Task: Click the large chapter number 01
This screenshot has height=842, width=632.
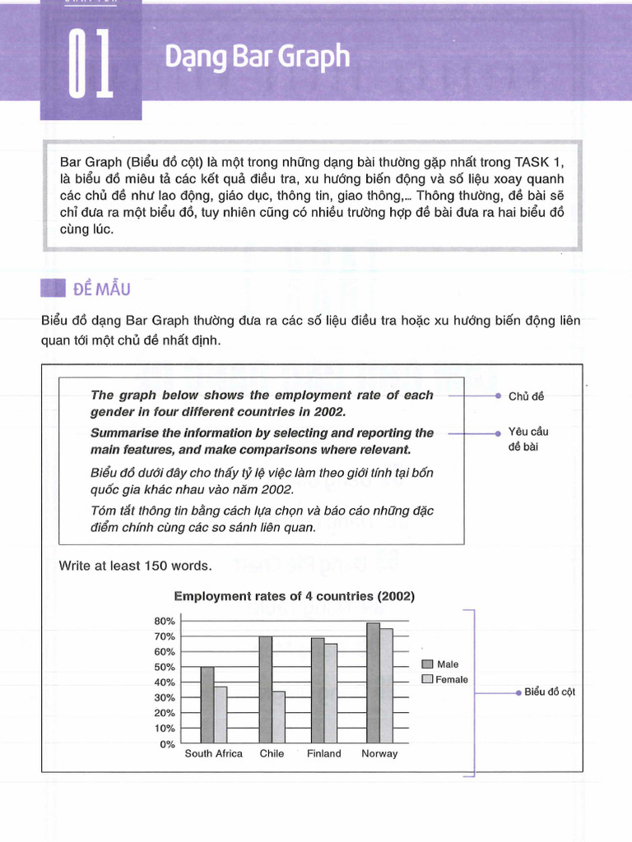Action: (x=91, y=63)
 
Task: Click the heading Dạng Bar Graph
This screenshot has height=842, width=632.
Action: (x=257, y=57)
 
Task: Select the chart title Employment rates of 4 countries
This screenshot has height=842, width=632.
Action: (x=294, y=596)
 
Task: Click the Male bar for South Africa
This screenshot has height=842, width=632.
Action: (x=207, y=706)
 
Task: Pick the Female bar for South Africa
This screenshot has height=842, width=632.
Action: (x=220, y=715)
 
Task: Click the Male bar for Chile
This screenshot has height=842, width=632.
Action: (x=265, y=690)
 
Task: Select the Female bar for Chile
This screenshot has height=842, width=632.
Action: (x=278, y=717)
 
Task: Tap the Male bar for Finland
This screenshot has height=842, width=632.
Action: (x=317, y=691)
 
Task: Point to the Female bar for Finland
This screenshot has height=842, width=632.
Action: (x=330, y=694)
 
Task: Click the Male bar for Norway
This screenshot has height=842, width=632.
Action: (x=373, y=683)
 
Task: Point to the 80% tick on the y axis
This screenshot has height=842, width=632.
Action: (x=164, y=621)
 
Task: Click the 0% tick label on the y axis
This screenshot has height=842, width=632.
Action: (x=167, y=744)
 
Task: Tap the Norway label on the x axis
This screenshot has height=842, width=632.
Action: (x=379, y=754)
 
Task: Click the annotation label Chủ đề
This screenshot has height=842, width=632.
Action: (x=526, y=396)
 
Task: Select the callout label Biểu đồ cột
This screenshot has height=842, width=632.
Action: (x=550, y=692)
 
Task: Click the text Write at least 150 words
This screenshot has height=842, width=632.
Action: (x=135, y=566)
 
